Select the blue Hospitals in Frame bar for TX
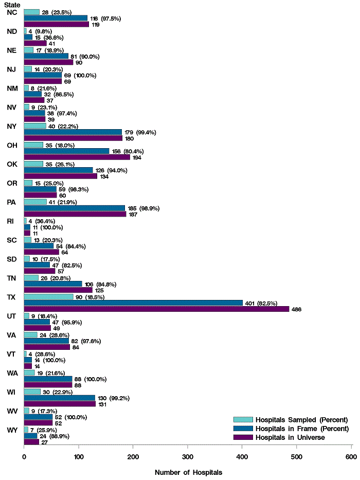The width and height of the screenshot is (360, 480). tap(133, 303)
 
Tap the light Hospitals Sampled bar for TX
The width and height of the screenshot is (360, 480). tap(48, 297)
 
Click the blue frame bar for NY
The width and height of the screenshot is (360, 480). tap(73, 132)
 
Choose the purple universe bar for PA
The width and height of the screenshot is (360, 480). tap(75, 214)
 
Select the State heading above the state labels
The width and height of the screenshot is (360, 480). tap(12, 5)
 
